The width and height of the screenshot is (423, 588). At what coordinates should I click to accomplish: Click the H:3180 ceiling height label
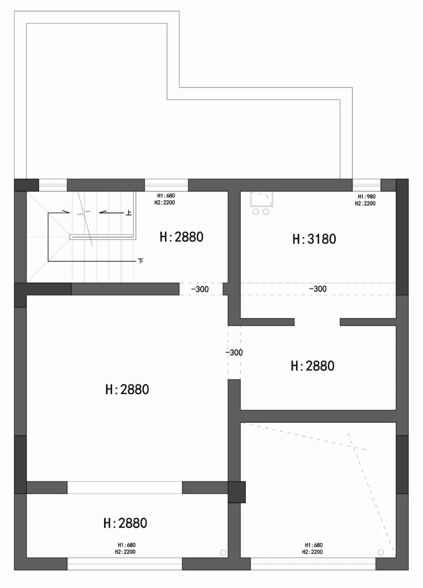314,239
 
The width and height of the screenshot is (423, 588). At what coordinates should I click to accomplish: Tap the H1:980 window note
366,197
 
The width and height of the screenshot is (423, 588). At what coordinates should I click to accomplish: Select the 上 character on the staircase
128,213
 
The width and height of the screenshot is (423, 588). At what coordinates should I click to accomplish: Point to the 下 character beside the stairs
141,261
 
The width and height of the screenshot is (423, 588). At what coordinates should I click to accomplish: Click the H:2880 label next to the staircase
181,237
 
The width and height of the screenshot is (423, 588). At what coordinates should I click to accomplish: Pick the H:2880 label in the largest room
127,390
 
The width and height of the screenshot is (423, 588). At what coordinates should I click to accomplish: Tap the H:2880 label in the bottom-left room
125,523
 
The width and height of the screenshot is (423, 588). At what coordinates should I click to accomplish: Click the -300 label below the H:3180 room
318,289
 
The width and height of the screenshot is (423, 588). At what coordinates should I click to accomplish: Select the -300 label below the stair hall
200,289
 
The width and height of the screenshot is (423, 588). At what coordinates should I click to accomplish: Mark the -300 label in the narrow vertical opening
234,352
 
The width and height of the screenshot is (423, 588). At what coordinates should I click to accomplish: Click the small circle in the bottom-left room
223,553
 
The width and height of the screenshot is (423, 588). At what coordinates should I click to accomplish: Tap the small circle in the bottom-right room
381,553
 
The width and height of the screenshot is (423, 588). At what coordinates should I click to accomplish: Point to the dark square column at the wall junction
237,492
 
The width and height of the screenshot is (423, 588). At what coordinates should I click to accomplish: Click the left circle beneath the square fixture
256,212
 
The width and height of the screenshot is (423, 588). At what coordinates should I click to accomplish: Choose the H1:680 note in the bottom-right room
314,545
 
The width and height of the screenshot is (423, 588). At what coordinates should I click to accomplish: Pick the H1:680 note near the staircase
166,196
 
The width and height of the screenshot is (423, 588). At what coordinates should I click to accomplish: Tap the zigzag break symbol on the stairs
83,213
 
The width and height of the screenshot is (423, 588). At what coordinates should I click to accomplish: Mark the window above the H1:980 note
366,185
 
